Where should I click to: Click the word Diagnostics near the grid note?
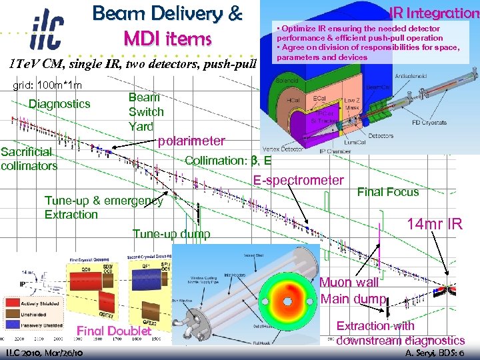click(x=59, y=103)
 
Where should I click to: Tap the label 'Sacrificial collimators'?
click(x=29, y=159)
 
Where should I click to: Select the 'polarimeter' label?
click(x=191, y=141)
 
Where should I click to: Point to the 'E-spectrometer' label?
click(x=298, y=180)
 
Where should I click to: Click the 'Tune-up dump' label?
click(x=171, y=233)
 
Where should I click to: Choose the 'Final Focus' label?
click(x=388, y=192)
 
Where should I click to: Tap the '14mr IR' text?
click(x=435, y=224)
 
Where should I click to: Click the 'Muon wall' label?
click(x=349, y=283)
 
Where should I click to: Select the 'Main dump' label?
click(x=353, y=299)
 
